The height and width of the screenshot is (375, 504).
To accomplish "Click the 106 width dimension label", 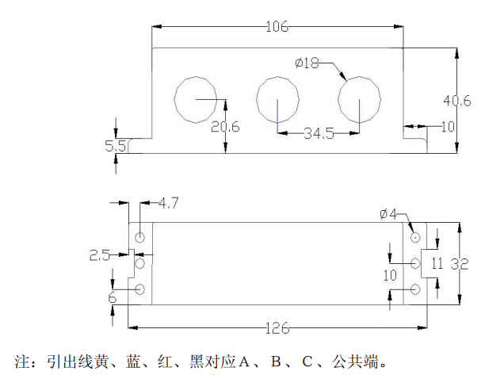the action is (x=277, y=26).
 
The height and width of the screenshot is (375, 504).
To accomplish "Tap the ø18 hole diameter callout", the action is (x=307, y=63).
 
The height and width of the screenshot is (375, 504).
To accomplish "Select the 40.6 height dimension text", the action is (x=456, y=101).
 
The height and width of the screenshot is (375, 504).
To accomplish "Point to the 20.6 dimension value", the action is (x=225, y=127).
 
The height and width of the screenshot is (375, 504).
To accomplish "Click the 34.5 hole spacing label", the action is (x=319, y=133).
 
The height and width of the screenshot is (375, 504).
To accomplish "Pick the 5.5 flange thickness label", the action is (x=116, y=147).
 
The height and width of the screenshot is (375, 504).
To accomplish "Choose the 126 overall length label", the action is (x=277, y=328).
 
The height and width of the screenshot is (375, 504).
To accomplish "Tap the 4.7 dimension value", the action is (x=169, y=203).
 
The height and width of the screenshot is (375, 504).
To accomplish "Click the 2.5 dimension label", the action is (x=99, y=255).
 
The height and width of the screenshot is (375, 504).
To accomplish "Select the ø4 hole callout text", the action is (x=388, y=214).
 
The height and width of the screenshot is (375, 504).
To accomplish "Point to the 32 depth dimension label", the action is (x=460, y=264).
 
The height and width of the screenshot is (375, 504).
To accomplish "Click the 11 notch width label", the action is (x=437, y=263).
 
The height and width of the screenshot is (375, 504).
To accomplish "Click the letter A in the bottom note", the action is (x=243, y=362).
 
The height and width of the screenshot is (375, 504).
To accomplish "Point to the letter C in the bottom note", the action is (x=307, y=362).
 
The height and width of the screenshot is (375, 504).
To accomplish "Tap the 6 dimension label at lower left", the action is (x=113, y=297).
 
